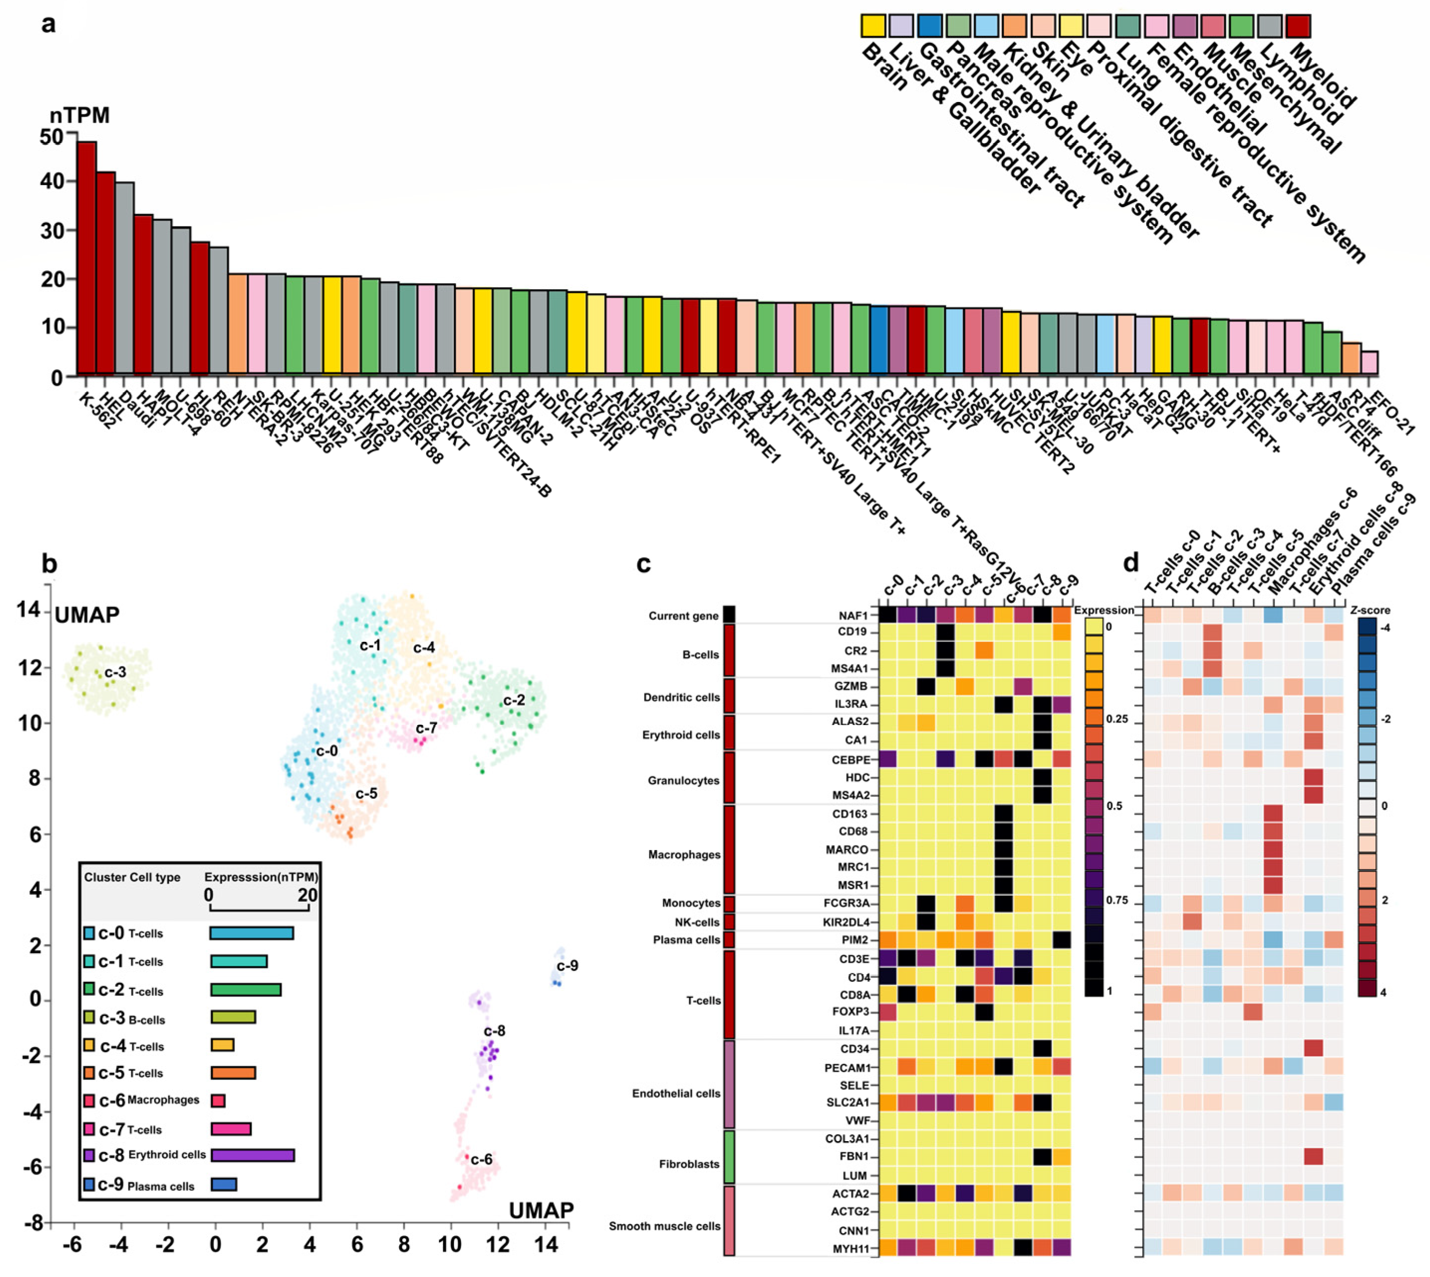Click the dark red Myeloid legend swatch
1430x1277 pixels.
click(x=1298, y=25)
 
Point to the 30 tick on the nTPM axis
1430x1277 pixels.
click(x=51, y=230)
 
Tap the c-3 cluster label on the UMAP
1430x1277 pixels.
click(x=115, y=672)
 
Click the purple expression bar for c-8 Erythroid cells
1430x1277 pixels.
click(x=252, y=1155)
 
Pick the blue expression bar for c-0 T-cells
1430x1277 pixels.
click(x=251, y=933)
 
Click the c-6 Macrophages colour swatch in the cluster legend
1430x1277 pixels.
click(x=89, y=1100)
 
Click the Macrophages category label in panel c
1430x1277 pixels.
click(x=684, y=854)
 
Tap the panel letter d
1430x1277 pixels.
click(x=1130, y=563)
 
